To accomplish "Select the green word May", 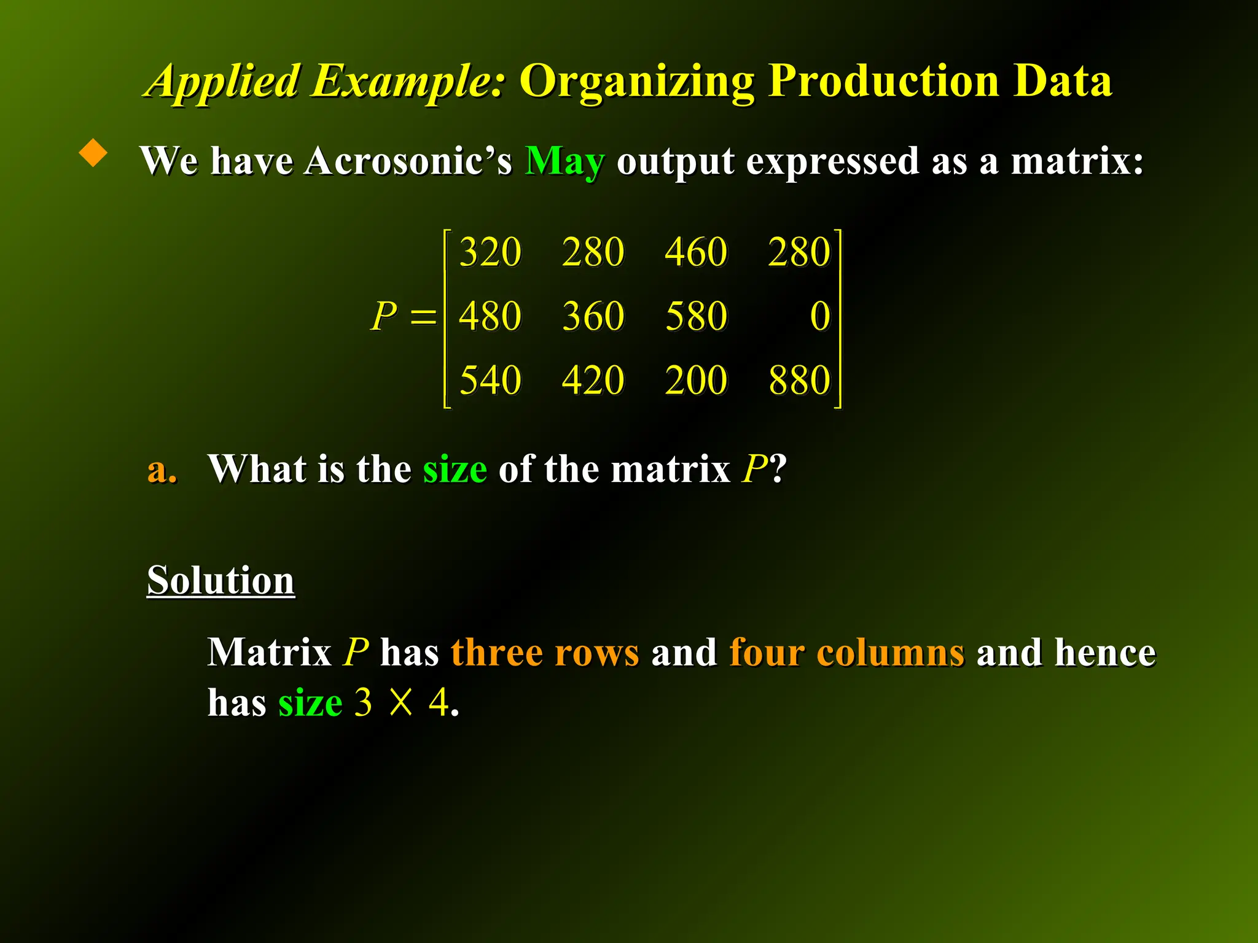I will coord(565,161).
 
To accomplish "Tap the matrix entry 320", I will coord(490,252).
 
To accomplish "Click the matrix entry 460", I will coord(696,252).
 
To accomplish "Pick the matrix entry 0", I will coord(820,316).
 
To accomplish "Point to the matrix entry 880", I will coord(799,380).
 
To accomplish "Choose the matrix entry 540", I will coord(490,380).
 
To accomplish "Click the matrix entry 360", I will coord(593,316).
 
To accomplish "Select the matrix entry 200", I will coord(696,380).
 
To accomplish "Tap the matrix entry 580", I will coord(696,316).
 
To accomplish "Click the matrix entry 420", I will coord(593,380).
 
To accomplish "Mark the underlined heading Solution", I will coord(221,580).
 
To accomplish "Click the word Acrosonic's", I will coord(408,161).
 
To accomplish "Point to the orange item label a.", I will coord(162,470).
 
